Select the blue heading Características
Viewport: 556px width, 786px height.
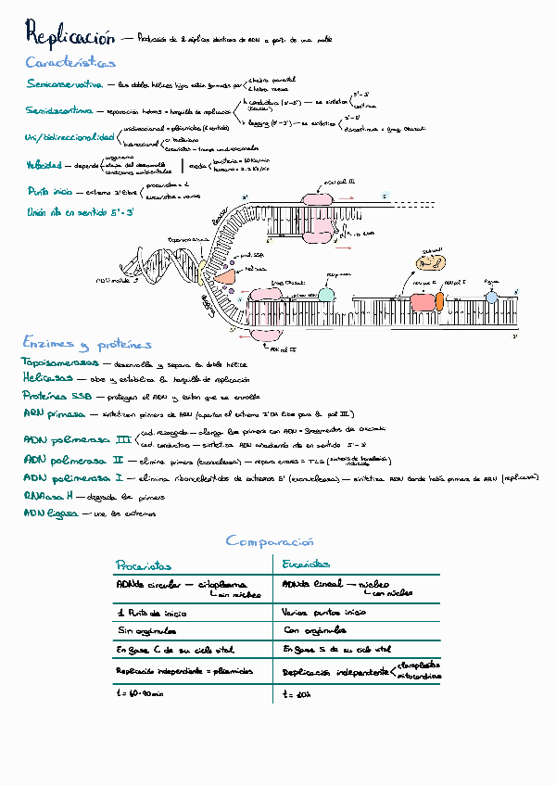click(71, 63)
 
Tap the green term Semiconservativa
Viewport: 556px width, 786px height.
click(64, 84)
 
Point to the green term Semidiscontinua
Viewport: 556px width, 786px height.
click(61, 111)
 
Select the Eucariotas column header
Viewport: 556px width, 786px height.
click(306, 564)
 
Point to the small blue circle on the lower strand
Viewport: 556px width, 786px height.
click(491, 298)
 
